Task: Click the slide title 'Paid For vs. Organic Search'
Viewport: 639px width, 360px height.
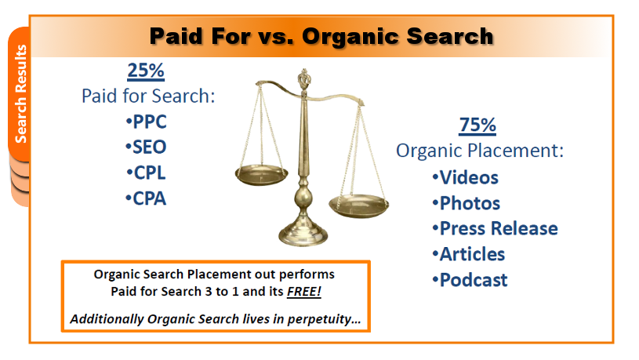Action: click(x=321, y=36)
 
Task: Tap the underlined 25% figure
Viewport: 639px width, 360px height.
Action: click(x=146, y=70)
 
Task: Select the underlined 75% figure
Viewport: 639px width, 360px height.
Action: click(x=477, y=125)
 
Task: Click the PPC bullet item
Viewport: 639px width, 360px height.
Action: click(x=146, y=122)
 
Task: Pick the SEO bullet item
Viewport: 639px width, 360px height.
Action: click(x=146, y=147)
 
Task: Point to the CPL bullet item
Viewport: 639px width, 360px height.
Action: click(x=146, y=173)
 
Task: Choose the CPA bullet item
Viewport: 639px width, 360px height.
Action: click(x=146, y=198)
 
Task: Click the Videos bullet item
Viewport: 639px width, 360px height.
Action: click(x=466, y=178)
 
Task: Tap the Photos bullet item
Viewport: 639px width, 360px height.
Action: click(x=467, y=203)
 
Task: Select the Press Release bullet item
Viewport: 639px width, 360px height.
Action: click(x=496, y=228)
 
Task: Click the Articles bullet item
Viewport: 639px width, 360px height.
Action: click(x=469, y=254)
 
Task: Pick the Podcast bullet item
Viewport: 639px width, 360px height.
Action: click(x=470, y=280)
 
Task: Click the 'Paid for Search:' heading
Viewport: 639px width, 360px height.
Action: click(x=148, y=96)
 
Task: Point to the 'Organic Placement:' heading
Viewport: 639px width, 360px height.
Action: click(x=480, y=151)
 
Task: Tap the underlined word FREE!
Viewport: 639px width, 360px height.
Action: click(x=304, y=292)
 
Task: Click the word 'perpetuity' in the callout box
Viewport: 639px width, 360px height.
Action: click(x=324, y=319)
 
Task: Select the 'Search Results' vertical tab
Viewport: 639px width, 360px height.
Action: click(x=20, y=94)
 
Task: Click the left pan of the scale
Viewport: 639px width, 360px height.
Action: click(x=261, y=175)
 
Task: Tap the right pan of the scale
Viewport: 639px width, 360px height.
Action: click(x=358, y=205)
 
